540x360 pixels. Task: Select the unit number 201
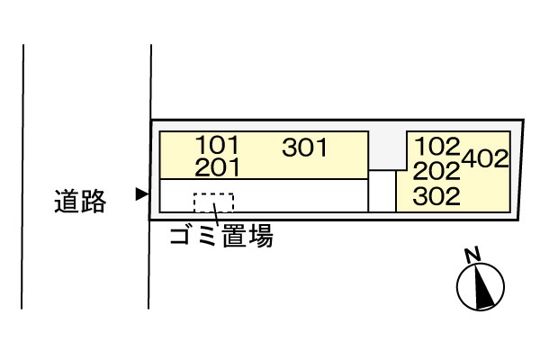217,166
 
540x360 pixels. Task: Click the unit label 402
486,158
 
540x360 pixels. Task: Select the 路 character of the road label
93,202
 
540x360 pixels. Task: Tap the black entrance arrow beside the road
140,193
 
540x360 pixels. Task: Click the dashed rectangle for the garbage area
214,203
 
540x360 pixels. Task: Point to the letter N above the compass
470,255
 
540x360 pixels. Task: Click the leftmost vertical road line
22,180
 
